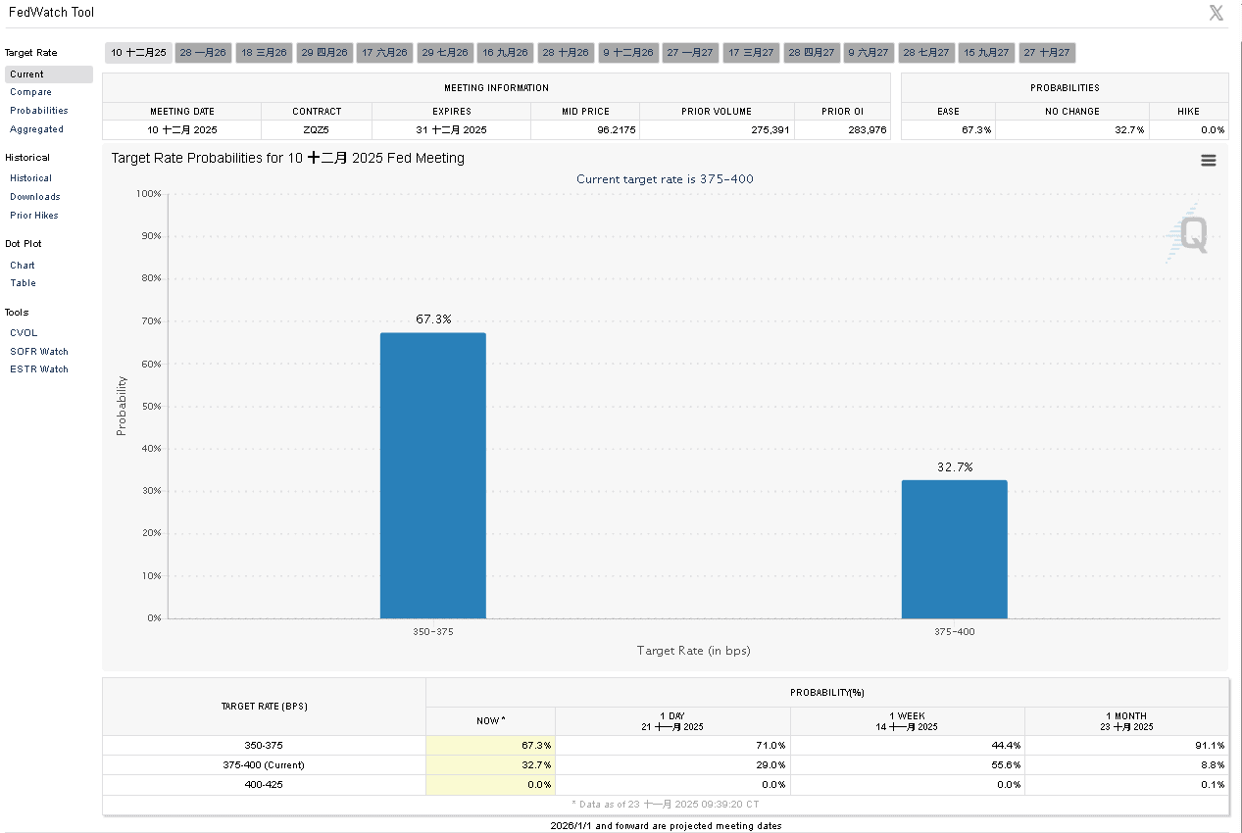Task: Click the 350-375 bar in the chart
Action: point(432,475)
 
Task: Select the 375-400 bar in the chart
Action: point(954,549)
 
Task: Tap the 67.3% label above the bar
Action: point(433,319)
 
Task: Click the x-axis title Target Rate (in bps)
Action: point(693,651)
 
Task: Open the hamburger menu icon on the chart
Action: point(1208,161)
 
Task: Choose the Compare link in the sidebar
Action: point(30,92)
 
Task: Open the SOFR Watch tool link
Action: point(39,351)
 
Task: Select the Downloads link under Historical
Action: point(35,197)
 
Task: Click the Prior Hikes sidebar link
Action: point(34,216)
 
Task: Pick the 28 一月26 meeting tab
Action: point(203,53)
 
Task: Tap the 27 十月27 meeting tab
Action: point(1046,53)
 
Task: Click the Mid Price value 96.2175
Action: point(585,129)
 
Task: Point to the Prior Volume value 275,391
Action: point(717,129)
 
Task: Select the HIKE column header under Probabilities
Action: point(1188,112)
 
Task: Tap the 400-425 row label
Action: point(264,784)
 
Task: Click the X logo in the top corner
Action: point(1216,13)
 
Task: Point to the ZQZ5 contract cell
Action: point(316,129)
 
